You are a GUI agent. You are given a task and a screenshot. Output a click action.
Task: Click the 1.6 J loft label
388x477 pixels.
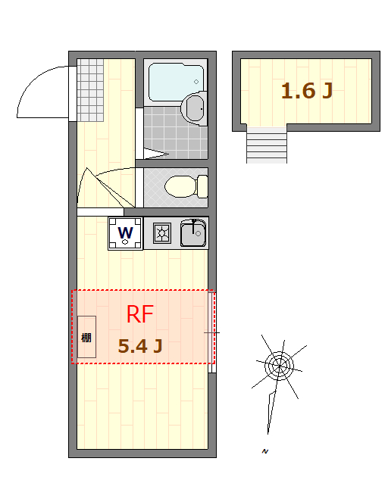click(x=306, y=91)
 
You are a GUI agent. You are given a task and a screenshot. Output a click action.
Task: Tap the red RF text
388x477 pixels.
click(x=139, y=314)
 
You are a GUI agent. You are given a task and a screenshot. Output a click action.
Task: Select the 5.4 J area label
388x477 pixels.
click(x=140, y=346)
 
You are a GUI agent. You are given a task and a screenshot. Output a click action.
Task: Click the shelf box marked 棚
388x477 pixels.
click(x=87, y=337)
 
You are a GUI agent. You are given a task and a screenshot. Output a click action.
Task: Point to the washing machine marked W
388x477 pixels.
click(x=126, y=234)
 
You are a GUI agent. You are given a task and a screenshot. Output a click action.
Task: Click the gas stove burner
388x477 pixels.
click(x=162, y=233)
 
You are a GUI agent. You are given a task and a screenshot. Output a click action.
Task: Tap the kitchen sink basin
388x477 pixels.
click(x=193, y=233)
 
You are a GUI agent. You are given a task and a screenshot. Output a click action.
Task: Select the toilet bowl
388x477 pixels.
click(x=180, y=186)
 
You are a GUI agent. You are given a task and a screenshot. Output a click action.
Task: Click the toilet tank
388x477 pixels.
click(x=202, y=186)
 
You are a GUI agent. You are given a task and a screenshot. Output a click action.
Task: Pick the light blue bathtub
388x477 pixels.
click(x=176, y=82)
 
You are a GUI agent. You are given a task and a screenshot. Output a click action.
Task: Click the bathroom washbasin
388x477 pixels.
click(x=194, y=108)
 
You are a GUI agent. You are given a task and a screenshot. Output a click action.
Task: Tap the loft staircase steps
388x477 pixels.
click(x=267, y=145)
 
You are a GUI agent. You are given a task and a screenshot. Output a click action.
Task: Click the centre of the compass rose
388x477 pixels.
click(x=279, y=366)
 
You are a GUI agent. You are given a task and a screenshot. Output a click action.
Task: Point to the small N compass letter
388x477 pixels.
click(x=265, y=451)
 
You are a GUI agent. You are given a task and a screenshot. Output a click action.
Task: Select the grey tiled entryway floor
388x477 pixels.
click(x=90, y=90)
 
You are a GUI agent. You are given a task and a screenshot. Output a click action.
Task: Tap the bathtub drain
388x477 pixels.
click(x=196, y=82)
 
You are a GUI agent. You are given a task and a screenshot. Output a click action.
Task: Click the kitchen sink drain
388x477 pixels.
click(x=199, y=234)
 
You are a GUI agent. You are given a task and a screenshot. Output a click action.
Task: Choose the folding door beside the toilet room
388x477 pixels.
click(x=105, y=187)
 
